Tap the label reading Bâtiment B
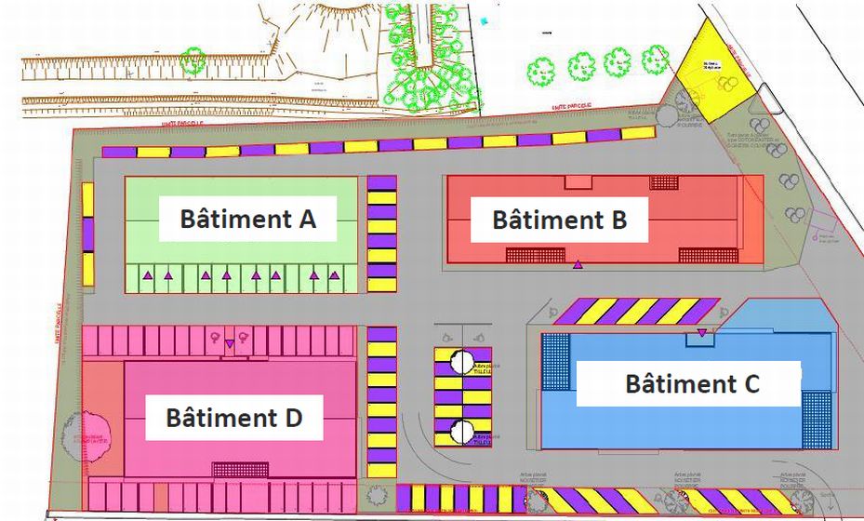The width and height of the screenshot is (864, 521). tap(559, 220)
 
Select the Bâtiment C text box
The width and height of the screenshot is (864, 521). tap(689, 382)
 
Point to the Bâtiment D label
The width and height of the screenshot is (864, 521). tap(233, 417)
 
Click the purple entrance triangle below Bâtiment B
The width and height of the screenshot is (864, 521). tap(578, 265)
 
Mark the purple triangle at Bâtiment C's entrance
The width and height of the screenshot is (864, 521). tap(701, 332)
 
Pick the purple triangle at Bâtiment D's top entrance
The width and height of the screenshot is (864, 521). tap(230, 344)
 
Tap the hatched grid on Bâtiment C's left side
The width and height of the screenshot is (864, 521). tap(555, 362)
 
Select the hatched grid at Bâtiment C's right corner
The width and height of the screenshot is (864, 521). tap(817, 418)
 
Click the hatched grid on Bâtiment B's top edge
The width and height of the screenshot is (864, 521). tap(664, 181)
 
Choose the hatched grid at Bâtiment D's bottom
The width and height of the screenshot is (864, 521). tap(240, 470)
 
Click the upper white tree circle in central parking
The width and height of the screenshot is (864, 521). tap(462, 362)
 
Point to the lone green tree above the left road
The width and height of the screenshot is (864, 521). tap(193, 61)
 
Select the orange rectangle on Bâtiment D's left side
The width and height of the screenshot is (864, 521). tap(104, 419)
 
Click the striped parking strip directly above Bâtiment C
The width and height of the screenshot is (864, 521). tap(638, 311)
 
